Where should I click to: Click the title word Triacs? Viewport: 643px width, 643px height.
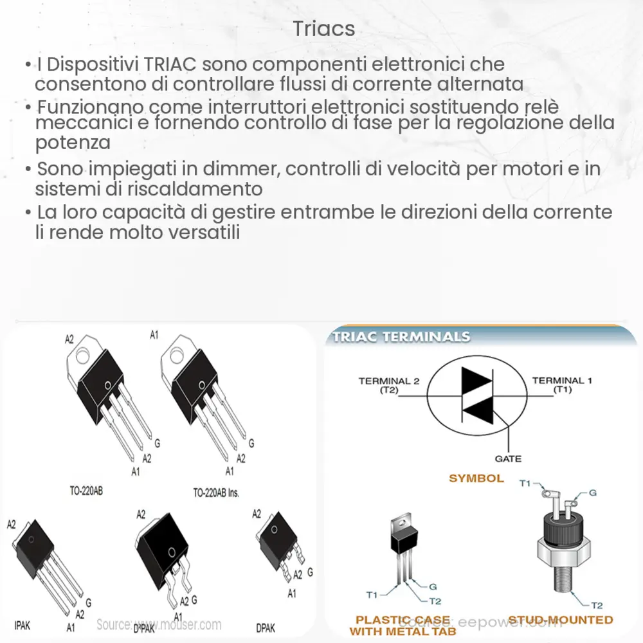(x=324, y=29)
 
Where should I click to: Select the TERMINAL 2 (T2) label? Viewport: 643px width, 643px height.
(x=388, y=385)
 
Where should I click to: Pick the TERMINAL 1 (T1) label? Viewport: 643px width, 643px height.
(x=558, y=385)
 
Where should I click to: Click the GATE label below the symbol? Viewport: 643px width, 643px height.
(x=508, y=458)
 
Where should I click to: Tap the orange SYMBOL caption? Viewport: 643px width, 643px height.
(x=476, y=478)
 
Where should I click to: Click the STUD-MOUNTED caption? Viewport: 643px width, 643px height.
(x=561, y=619)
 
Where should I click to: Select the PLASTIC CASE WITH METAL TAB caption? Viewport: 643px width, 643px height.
(x=403, y=626)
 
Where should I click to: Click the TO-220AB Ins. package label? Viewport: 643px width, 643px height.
(x=216, y=493)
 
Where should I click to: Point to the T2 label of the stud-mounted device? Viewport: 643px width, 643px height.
(x=597, y=605)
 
